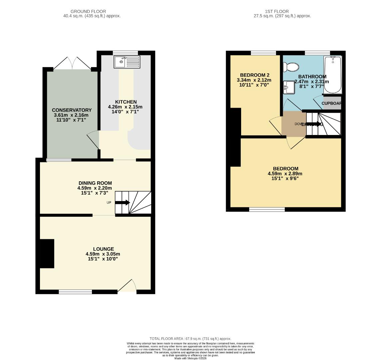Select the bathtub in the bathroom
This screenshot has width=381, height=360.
(x=333, y=75)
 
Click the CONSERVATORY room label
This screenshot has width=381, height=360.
(x=72, y=110)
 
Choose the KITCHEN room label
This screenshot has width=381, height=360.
(x=126, y=102)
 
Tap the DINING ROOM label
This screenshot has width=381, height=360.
(x=95, y=183)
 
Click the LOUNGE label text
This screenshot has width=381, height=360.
(x=103, y=249)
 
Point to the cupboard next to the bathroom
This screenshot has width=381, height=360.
(x=332, y=103)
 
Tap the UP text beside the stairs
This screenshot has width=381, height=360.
(x=109, y=203)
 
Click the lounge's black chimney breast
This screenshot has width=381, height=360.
(x=47, y=253)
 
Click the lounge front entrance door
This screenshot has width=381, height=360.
(x=127, y=286)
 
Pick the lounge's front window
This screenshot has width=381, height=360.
(x=75, y=292)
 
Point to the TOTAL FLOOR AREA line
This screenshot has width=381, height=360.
(x=190, y=339)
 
